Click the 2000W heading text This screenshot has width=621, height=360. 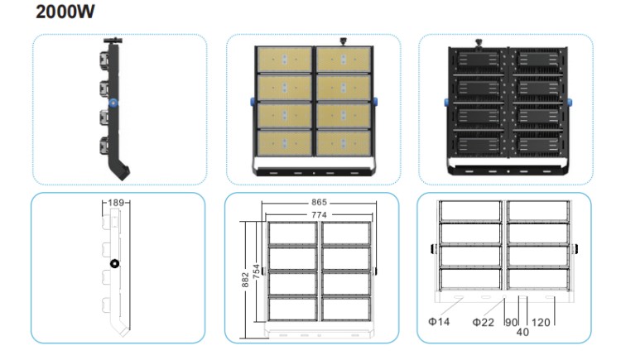[x=65, y=12]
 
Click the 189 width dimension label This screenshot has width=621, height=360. [x=116, y=203]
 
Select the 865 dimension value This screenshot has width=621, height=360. [x=319, y=203]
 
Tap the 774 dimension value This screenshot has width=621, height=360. [x=319, y=214]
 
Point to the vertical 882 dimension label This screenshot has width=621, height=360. [x=245, y=280]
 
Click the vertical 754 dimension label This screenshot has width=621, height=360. [x=257, y=271]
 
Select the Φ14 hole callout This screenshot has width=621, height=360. [x=439, y=322]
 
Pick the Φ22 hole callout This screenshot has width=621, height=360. [x=484, y=323]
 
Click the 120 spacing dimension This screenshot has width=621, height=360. [x=541, y=323]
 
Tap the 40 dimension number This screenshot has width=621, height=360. [x=522, y=333]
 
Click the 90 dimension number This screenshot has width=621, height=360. [x=512, y=323]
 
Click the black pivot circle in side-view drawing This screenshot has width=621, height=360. [x=114, y=264]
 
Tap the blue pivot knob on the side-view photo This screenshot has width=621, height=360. [x=114, y=103]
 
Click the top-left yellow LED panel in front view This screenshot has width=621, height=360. [x=284, y=60]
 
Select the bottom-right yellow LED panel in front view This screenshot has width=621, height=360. [x=344, y=143]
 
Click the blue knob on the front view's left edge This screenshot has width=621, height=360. [x=253, y=102]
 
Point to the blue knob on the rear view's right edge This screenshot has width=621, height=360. [x=570, y=103]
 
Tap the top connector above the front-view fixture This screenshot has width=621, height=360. [x=343, y=41]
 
